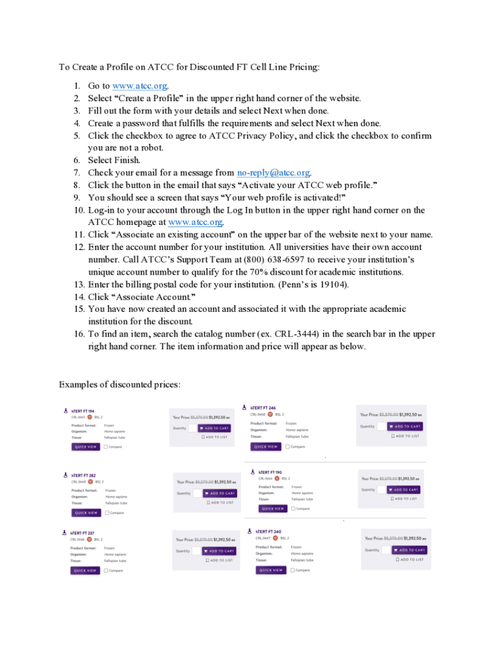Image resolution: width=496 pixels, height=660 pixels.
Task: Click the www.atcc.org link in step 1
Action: tap(140, 86)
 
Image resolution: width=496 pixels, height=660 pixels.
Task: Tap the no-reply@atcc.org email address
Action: tap(273, 173)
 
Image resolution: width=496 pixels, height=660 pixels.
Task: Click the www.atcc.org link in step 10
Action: tap(195, 222)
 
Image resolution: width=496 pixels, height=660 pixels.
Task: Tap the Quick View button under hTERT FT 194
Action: tap(85, 447)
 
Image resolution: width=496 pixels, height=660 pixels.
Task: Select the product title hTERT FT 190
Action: tap(270, 472)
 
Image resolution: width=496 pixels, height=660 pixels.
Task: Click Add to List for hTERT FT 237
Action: tap(219, 561)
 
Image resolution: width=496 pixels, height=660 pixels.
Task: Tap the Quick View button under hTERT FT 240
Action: tap(271, 570)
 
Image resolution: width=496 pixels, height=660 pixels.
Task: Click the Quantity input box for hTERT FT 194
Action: tap(192, 428)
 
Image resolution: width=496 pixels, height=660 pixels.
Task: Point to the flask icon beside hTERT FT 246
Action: tap(244, 407)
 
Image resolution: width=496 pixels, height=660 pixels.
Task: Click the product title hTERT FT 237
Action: tap(83, 533)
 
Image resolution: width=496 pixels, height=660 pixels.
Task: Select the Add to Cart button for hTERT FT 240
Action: tap(409, 550)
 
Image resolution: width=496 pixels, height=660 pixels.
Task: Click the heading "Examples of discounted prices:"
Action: tap(119, 385)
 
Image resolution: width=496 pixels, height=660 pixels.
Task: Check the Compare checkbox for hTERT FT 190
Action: tap(294, 509)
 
